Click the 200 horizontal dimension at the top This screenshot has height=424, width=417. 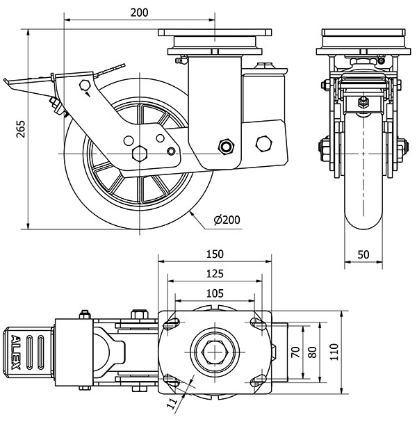click(x=139, y=13)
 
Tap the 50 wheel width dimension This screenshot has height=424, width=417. click(x=363, y=254)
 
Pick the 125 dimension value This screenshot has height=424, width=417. click(x=215, y=273)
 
